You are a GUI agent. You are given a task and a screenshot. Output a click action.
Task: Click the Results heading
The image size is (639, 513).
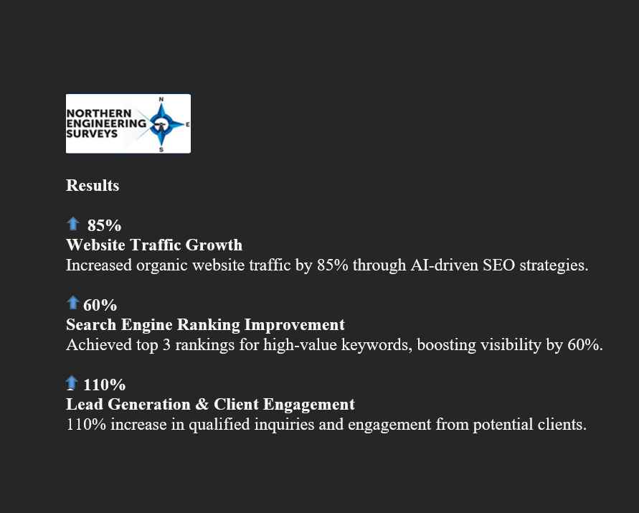(93, 186)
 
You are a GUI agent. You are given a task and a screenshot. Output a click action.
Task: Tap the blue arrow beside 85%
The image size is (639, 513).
(73, 223)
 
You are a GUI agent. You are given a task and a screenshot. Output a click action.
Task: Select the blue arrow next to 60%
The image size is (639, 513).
(73, 303)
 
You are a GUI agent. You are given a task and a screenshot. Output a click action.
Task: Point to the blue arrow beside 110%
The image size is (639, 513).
(72, 382)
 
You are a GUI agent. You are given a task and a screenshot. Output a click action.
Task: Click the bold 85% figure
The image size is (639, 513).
(104, 225)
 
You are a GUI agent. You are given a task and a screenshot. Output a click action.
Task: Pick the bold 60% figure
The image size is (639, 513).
(100, 305)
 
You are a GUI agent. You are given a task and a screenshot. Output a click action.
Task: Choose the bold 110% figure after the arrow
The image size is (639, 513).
(104, 385)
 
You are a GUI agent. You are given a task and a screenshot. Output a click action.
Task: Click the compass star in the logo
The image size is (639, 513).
(162, 124)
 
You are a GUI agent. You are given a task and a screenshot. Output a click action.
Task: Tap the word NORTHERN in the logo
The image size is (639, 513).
(99, 113)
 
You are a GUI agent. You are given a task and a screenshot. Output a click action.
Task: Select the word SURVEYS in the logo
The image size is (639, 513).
(92, 133)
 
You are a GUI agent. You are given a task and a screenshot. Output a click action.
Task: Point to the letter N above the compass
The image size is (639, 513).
(161, 99)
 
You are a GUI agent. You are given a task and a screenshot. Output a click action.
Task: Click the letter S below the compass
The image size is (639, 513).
(161, 150)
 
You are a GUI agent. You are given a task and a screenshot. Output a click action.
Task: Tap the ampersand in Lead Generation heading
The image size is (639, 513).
(202, 404)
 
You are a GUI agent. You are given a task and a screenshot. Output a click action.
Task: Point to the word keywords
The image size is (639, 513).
(377, 345)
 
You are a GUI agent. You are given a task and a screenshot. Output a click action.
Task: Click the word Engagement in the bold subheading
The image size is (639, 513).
(308, 404)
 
